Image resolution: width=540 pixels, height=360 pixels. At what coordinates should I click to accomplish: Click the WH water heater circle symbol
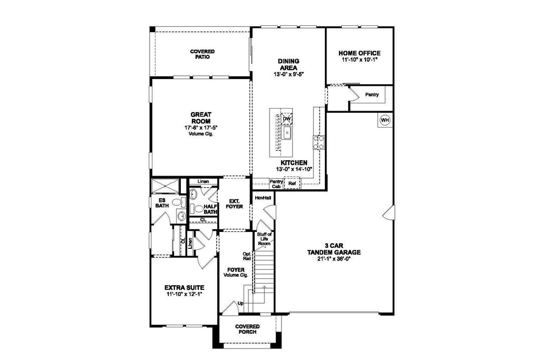384,120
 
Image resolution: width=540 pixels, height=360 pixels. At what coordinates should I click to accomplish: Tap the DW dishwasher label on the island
287,119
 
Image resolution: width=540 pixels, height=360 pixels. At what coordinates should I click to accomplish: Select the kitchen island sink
286,132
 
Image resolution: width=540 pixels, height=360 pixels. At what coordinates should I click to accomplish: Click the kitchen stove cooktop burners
319,142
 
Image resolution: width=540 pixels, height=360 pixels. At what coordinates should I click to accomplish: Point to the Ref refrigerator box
292,183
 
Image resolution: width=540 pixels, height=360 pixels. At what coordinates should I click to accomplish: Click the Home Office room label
360,53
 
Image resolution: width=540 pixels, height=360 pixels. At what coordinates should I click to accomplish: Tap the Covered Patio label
202,54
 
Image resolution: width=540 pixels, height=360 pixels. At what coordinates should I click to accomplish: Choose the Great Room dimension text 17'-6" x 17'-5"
201,128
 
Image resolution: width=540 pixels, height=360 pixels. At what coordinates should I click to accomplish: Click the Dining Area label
288,64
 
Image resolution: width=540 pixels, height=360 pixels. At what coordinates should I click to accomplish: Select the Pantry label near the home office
372,95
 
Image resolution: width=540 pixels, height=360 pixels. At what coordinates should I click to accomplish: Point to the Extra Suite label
184,288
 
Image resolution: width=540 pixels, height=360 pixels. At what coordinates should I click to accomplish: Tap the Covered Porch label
248,329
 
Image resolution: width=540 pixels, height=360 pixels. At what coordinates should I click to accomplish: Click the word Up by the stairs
240,303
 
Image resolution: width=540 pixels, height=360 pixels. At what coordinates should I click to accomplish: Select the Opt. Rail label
247,255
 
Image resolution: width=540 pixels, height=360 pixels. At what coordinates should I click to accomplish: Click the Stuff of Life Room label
265,239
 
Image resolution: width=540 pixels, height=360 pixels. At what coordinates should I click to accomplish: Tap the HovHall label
263,198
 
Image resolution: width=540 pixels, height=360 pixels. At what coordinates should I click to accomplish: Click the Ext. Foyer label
234,204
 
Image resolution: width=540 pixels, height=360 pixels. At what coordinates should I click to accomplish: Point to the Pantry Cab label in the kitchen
276,184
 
